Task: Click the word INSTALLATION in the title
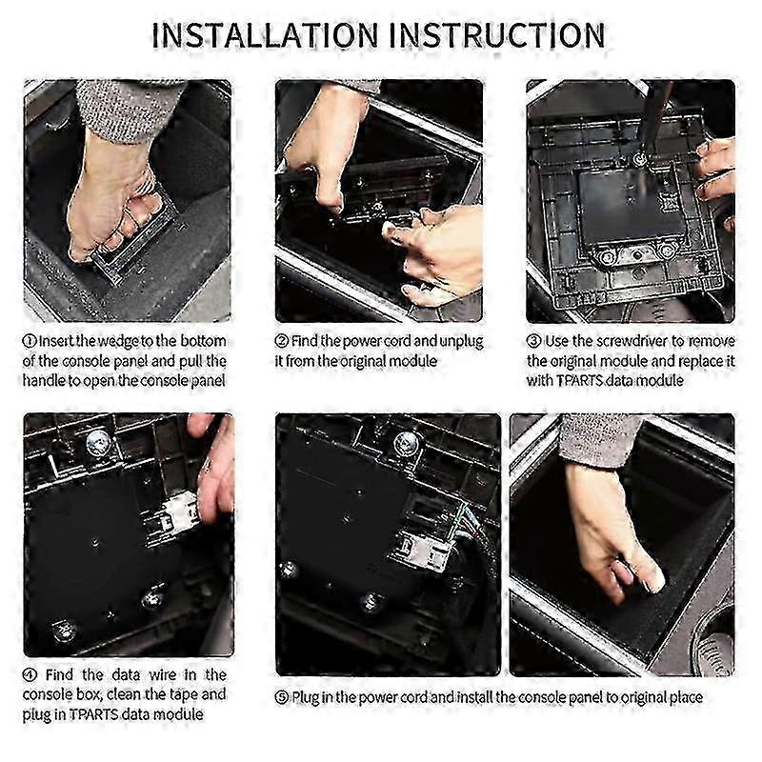[x=265, y=35]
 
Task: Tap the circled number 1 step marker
[x=30, y=341]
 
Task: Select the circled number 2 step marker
[x=282, y=341]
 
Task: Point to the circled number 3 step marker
[x=534, y=341]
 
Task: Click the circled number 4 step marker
[x=30, y=675]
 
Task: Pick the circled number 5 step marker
[x=282, y=698]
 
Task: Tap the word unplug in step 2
[x=461, y=342]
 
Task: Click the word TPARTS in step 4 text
[x=93, y=715]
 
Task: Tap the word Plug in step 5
[x=305, y=698]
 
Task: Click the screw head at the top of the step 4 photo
[x=97, y=443]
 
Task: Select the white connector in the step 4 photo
[x=181, y=513]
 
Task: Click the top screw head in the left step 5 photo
[x=406, y=444]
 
